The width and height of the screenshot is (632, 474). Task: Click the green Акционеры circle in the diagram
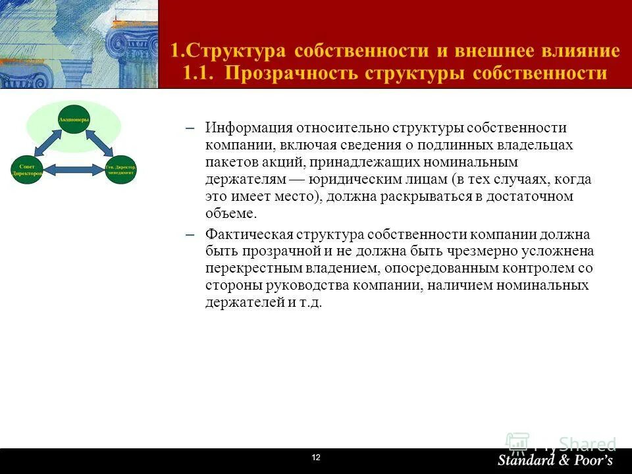point(74,119)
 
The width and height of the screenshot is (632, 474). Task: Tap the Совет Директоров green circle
point(27,169)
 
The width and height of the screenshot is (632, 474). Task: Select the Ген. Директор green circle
point(121,169)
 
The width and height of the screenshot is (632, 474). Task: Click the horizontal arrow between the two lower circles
point(74,170)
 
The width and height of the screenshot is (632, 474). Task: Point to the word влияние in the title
point(579,51)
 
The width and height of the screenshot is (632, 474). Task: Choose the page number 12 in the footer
point(315,458)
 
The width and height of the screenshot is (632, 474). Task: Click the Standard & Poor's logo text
point(554,460)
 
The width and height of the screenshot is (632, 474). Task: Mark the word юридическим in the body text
point(357,179)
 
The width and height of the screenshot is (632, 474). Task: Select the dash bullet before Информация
point(191,128)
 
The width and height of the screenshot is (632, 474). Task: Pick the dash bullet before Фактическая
point(191,235)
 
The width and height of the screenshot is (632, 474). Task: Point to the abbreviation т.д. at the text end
point(310,303)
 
